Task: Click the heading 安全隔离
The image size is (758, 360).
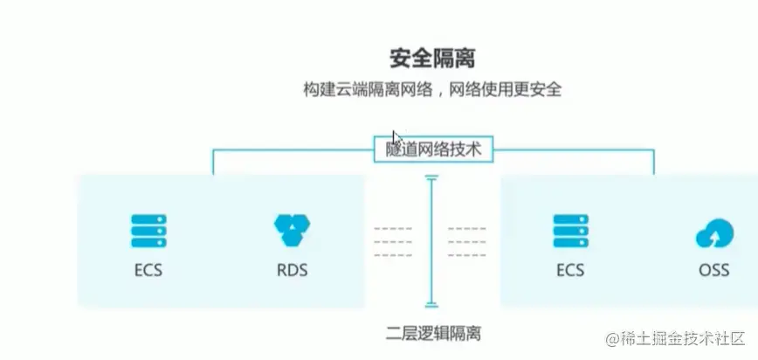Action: click(432, 59)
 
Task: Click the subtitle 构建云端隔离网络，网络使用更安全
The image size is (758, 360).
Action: click(432, 89)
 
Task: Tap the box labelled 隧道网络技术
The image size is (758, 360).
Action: click(433, 149)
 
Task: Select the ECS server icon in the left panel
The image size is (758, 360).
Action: click(148, 232)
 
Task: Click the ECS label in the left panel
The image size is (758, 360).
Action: click(148, 270)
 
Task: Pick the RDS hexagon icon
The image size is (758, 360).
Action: click(291, 230)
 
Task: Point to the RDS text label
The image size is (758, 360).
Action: click(291, 270)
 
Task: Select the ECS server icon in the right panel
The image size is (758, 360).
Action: click(571, 232)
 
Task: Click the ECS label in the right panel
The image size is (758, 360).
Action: click(571, 270)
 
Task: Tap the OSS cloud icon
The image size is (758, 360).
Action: click(713, 233)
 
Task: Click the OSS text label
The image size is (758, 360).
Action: click(713, 270)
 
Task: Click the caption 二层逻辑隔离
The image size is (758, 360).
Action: click(432, 334)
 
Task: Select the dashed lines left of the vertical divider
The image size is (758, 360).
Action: click(393, 242)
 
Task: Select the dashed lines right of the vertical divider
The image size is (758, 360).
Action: click(467, 242)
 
